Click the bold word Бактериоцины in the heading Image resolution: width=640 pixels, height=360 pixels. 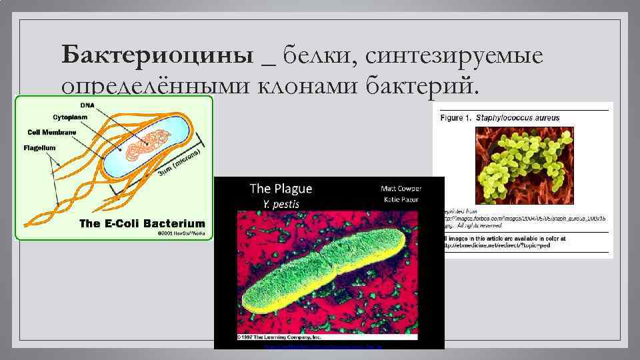[157, 55]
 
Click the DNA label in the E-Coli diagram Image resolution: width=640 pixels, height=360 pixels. [87, 105]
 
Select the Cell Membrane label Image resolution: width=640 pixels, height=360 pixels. [52, 132]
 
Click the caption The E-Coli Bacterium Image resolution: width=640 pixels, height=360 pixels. [142, 223]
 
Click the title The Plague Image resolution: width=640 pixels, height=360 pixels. [281, 189]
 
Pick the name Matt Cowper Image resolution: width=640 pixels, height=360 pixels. [401, 188]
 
